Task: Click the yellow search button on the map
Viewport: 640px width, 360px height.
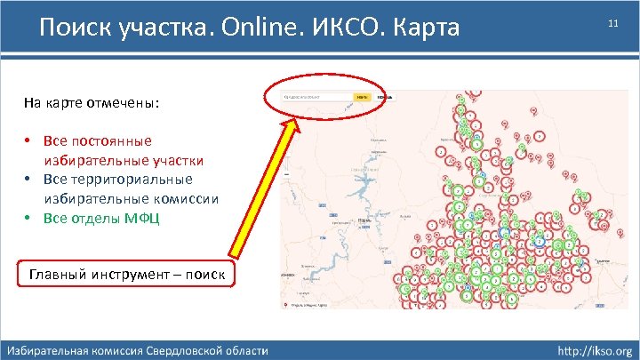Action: [x=362, y=96]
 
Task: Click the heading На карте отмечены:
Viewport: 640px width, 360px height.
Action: [x=92, y=102]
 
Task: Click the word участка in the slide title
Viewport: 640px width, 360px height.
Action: [x=148, y=28]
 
